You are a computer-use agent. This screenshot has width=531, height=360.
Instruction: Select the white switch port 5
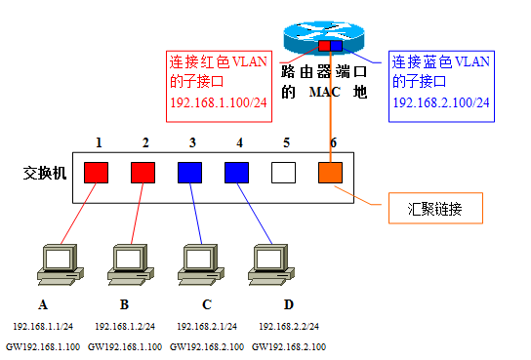[x=283, y=173]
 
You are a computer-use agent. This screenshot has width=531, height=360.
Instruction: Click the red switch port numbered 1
[x=96, y=173]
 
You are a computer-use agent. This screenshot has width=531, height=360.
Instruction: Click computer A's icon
[x=55, y=261]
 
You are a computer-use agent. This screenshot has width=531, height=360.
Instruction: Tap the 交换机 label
[x=45, y=173]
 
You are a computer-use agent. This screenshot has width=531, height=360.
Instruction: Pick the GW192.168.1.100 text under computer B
[x=124, y=346]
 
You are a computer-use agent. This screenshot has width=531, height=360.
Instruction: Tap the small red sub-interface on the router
[x=324, y=45]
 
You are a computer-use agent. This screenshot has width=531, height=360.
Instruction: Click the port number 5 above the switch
[x=286, y=142]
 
